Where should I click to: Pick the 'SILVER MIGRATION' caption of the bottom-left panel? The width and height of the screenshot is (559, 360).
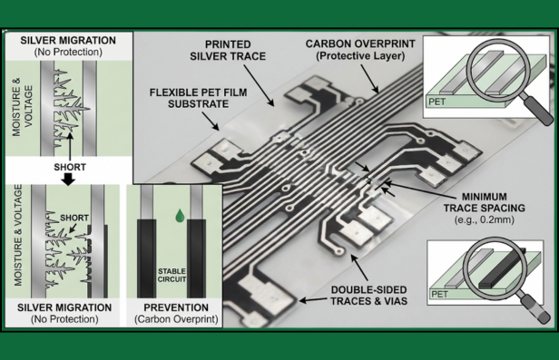coord(65,307)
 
